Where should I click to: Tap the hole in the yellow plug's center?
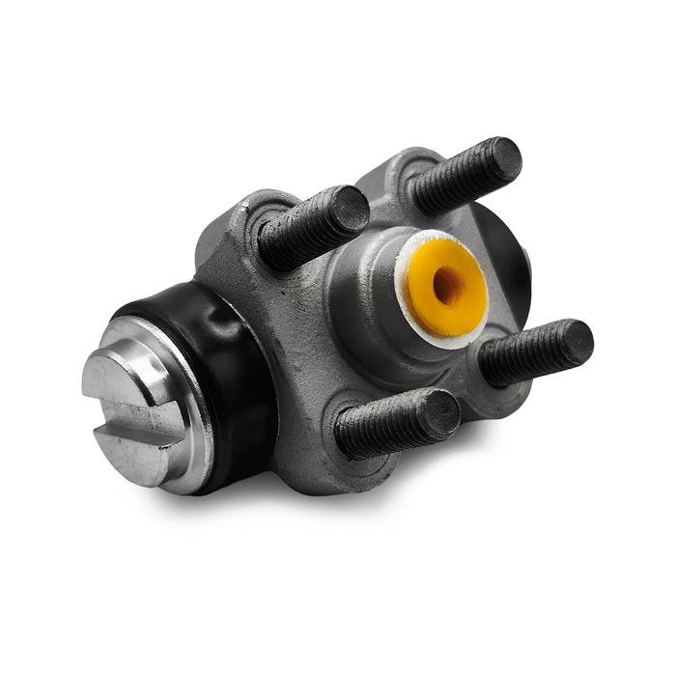[x=448, y=287]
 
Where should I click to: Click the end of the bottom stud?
[x=439, y=413]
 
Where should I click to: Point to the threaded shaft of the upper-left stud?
[x=304, y=232]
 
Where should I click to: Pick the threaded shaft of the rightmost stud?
[x=526, y=356]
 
